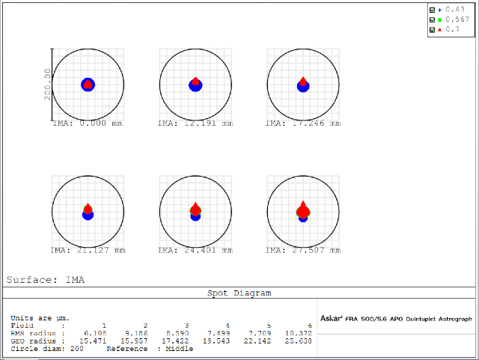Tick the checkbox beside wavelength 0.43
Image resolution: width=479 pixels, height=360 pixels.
point(432,9)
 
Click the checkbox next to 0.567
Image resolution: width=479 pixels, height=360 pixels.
point(432,19)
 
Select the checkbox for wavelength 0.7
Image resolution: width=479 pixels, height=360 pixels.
point(432,29)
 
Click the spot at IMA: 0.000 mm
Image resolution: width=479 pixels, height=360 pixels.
point(88,85)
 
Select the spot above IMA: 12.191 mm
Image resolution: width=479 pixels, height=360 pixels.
point(195,85)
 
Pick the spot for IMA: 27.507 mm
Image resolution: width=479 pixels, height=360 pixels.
point(303,211)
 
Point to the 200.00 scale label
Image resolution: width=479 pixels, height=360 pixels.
point(47,85)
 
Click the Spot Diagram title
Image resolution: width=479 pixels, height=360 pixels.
point(239,293)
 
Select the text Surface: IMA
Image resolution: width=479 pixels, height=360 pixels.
point(46,280)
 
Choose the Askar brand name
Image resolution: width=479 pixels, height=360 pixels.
point(331,319)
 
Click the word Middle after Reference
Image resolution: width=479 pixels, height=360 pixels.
point(180,348)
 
